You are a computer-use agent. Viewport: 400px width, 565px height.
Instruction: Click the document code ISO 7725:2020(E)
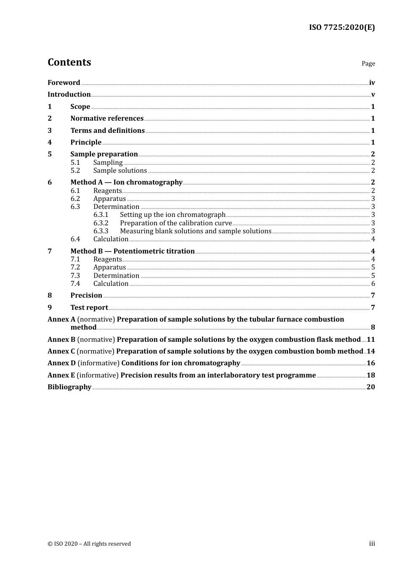(341, 27)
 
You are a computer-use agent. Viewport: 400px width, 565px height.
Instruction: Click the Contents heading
(69, 62)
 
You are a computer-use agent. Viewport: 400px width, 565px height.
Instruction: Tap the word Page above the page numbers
(368, 63)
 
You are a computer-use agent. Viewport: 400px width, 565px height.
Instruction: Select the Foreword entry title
(64, 83)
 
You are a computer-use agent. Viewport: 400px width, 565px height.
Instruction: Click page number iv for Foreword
(372, 83)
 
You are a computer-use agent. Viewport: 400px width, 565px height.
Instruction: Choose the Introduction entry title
(69, 95)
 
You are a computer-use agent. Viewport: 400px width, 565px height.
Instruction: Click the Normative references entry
(107, 119)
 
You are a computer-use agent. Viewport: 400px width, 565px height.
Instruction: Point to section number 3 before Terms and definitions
(50, 131)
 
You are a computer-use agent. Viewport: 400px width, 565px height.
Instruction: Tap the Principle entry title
(86, 143)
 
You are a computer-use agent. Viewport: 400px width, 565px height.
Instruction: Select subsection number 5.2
(75, 171)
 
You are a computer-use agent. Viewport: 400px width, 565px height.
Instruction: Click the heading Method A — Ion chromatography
(126, 182)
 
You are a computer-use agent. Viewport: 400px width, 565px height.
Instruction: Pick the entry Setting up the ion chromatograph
(173, 215)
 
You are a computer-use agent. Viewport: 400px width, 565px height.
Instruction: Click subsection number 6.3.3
(101, 231)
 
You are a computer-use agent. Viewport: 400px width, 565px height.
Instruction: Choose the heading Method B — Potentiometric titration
(133, 251)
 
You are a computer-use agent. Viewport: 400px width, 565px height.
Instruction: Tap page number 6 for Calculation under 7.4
(373, 284)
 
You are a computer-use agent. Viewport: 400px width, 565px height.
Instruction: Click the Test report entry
(89, 308)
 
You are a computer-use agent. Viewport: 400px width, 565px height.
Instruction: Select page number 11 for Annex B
(371, 340)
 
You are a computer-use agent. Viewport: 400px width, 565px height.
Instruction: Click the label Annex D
(61, 363)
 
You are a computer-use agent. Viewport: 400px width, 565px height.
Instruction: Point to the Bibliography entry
(69, 387)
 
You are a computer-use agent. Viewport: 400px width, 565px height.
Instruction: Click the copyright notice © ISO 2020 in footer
(89, 544)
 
